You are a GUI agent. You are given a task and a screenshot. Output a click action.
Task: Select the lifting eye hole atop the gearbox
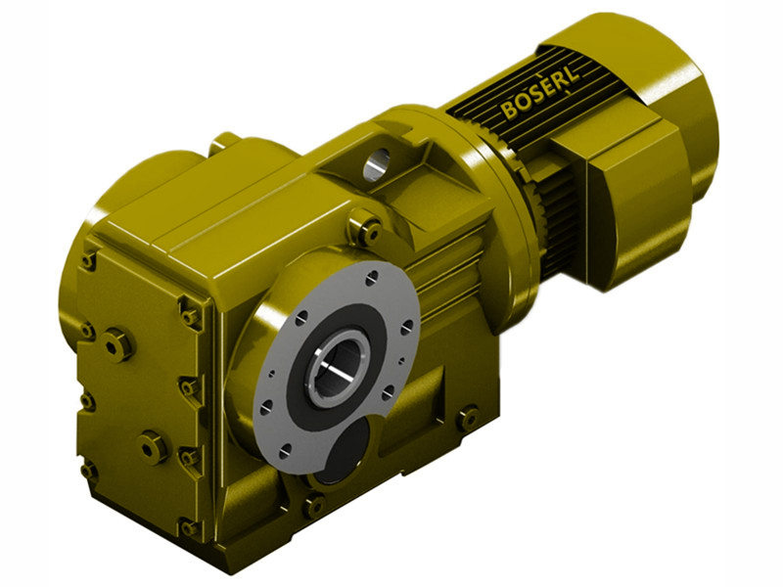(x=376, y=162)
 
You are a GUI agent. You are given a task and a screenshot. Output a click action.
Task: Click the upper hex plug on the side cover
(x=117, y=344)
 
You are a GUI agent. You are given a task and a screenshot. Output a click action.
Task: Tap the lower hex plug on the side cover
(x=153, y=448)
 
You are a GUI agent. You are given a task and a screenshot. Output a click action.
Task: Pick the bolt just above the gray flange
(x=369, y=231)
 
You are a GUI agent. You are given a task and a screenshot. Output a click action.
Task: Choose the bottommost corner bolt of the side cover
(x=186, y=529)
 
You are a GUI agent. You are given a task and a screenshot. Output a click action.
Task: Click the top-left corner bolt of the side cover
(x=89, y=260)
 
